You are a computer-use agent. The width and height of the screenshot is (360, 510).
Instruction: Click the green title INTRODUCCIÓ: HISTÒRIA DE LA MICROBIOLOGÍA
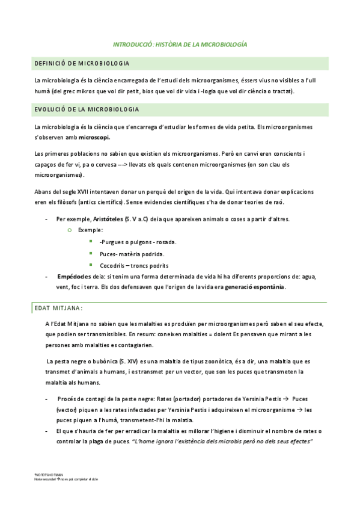pos(180,45)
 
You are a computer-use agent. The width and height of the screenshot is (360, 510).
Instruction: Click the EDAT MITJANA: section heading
pos(58,308)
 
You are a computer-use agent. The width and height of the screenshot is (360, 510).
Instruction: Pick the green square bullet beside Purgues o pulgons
pos(91,242)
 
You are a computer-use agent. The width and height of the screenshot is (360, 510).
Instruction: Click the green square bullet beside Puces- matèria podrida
pos(91,253)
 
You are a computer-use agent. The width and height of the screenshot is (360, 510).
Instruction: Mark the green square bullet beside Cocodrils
pos(91,265)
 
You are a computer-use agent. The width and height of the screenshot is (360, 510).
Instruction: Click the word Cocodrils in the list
pos(112,265)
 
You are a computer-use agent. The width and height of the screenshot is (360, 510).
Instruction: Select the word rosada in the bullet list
pos(163,242)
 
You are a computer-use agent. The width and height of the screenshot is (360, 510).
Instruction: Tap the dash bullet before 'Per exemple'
pos(47,220)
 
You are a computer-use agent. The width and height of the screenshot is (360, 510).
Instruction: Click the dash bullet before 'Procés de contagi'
pos(47,399)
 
